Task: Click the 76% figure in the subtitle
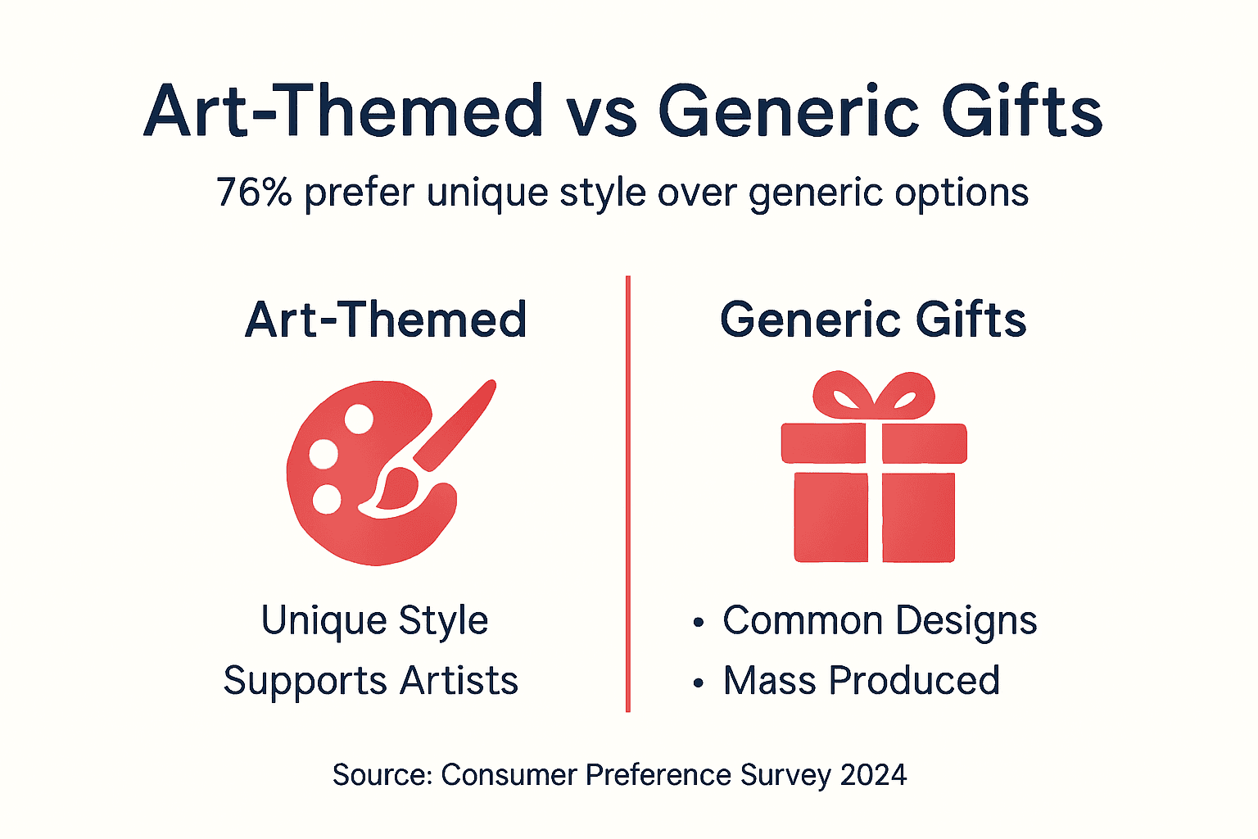pyautogui.click(x=254, y=193)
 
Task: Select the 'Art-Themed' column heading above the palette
pyautogui.click(x=386, y=320)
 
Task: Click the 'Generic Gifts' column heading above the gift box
pyautogui.click(x=873, y=320)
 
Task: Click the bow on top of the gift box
pyautogui.click(x=873, y=396)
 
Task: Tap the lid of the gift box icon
pyautogui.click(x=873, y=443)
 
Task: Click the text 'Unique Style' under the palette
pyautogui.click(x=374, y=620)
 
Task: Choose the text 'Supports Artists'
pyautogui.click(x=371, y=681)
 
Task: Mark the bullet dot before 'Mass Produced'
pyautogui.click(x=698, y=683)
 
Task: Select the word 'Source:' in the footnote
pyautogui.click(x=382, y=775)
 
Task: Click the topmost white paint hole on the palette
pyautogui.click(x=359, y=419)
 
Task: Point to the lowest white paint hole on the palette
pyautogui.click(x=327, y=499)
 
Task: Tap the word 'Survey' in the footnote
pyautogui.click(x=781, y=775)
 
